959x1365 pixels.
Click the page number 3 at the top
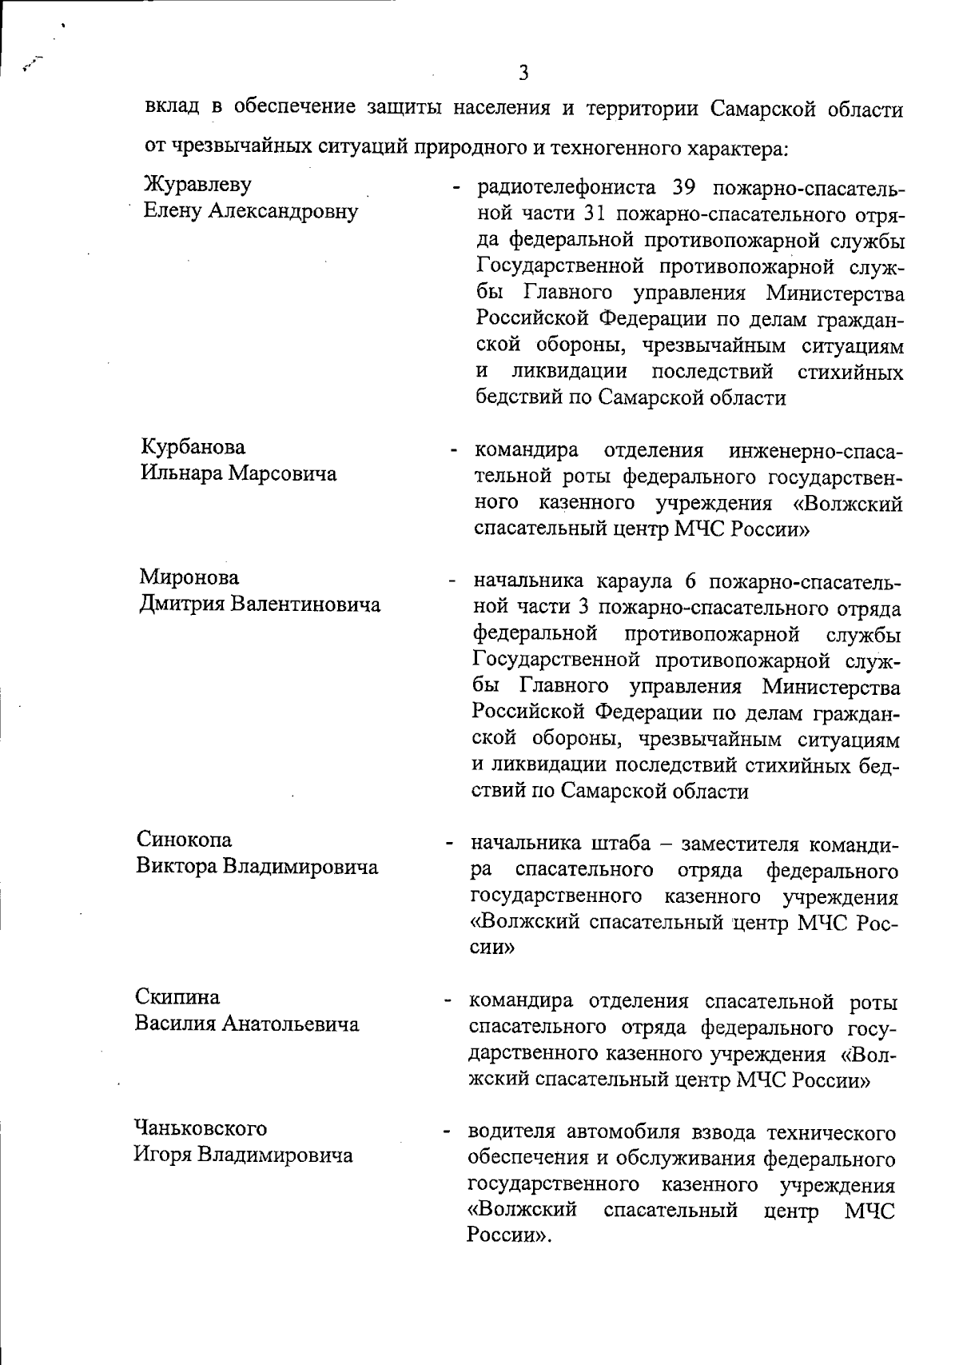tap(523, 74)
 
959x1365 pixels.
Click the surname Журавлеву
tap(197, 185)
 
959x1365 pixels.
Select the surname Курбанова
tap(193, 447)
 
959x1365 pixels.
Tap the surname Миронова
tap(189, 577)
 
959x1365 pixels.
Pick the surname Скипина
tap(177, 997)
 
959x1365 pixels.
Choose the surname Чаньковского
tap(200, 1128)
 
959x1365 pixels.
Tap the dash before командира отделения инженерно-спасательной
tap(453, 453)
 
